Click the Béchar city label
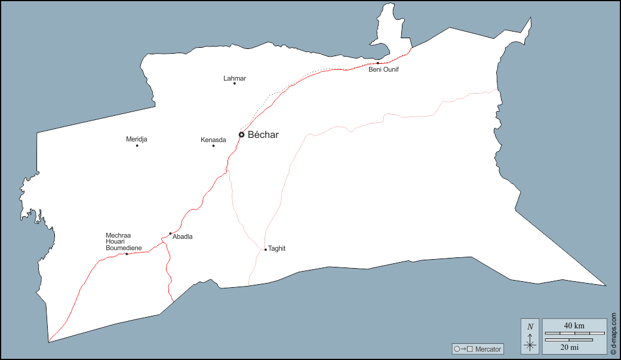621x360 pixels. (x=263, y=135)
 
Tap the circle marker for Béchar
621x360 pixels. (x=241, y=135)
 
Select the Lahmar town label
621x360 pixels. (x=235, y=78)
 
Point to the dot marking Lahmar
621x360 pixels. (x=235, y=84)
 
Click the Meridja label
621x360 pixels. (x=137, y=139)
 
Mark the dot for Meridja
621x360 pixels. (x=137, y=146)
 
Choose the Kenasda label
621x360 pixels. (x=213, y=140)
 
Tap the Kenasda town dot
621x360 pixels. (x=213, y=146)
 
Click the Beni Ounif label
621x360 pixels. (x=383, y=70)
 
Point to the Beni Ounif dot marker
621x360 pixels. (x=378, y=63)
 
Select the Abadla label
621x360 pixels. (x=182, y=237)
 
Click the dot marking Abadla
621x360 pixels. (x=170, y=233)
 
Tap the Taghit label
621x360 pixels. (x=277, y=248)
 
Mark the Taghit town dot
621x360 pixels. (x=266, y=250)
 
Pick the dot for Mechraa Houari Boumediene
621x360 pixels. (x=127, y=254)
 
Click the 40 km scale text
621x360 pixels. (x=574, y=325)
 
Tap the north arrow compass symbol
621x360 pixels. (x=530, y=336)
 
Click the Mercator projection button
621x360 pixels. (x=478, y=349)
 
